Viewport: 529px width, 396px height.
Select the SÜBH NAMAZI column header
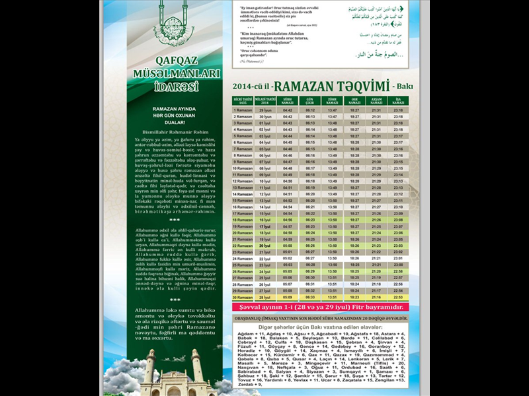click(288, 101)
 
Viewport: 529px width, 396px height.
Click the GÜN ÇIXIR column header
click(310, 101)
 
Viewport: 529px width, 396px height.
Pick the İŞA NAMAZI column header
click(398, 101)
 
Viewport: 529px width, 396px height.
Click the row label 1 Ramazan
click(243, 110)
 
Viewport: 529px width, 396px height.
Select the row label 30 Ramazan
click(243, 297)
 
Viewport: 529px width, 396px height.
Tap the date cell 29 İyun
click(265, 110)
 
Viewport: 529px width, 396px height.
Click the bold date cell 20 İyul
click(265, 246)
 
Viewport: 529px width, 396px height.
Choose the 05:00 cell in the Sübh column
click(288, 246)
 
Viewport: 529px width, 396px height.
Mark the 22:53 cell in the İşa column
click(398, 297)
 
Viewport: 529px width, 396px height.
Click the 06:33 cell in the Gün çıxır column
click(310, 297)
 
